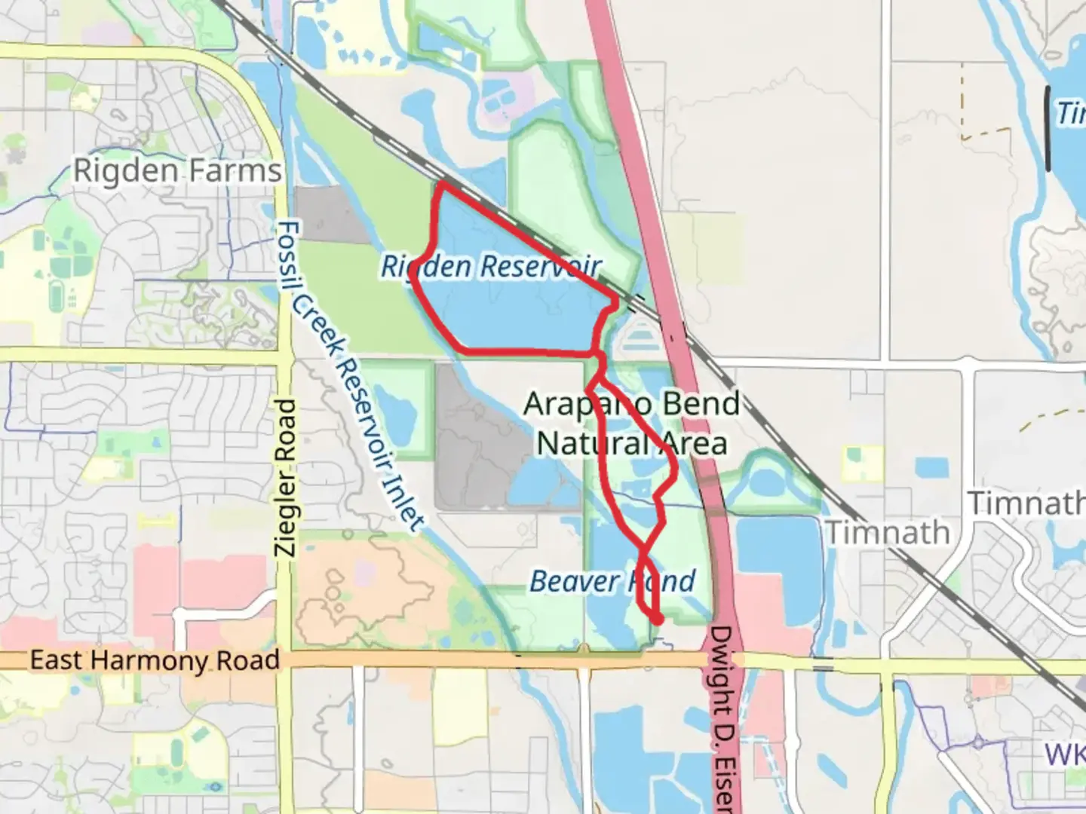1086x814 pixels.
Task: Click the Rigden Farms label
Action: [x=177, y=171]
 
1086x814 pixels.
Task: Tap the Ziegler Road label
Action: [x=286, y=478]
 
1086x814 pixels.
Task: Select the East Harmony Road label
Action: [x=155, y=660]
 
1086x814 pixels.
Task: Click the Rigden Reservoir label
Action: [x=491, y=266]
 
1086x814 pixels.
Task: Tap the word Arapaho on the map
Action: [x=578, y=405]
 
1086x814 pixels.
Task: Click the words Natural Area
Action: [x=632, y=443]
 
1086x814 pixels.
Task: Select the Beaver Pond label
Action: [x=612, y=581]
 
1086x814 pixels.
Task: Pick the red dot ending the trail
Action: [x=657, y=619]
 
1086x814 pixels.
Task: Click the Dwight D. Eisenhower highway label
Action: [x=723, y=716]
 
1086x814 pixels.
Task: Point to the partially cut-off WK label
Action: [x=1065, y=754]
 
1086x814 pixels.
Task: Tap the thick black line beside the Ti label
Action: [x=1048, y=128]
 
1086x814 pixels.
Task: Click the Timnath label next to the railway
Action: [x=888, y=533]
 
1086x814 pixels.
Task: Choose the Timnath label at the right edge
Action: [x=1026, y=503]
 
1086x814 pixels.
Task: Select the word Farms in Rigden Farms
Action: [x=236, y=171]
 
